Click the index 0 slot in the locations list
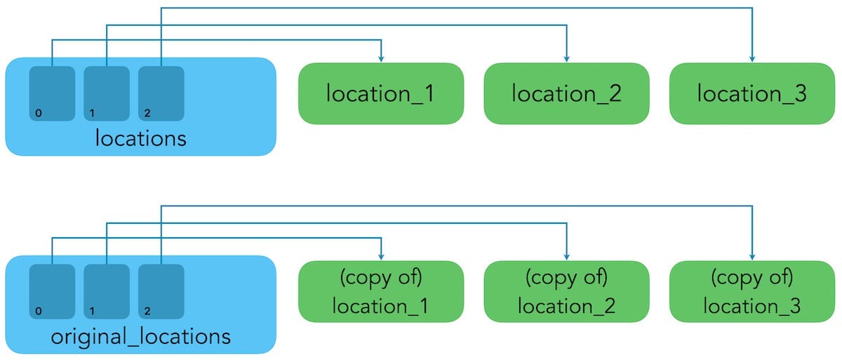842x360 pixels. pyautogui.click(x=52, y=93)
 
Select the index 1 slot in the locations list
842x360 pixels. pyautogui.click(x=107, y=93)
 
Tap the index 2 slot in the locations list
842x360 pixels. pyautogui.click(x=161, y=93)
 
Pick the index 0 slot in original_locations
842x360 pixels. pyautogui.click(x=52, y=291)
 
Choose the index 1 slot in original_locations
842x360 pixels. pyautogui.click(x=107, y=291)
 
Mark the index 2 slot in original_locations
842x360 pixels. pyautogui.click(x=161, y=291)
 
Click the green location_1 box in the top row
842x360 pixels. pyautogui.click(x=381, y=93)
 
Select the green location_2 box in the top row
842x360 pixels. pyautogui.click(x=566, y=93)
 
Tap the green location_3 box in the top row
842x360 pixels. pyautogui.click(x=751, y=93)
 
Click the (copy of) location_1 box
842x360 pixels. pyautogui.click(x=381, y=291)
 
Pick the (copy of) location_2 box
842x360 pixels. pyautogui.click(x=566, y=291)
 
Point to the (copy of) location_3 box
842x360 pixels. pyautogui.click(x=751, y=291)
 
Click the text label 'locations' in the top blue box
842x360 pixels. pyautogui.click(x=140, y=138)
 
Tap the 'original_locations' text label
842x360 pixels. pyautogui.click(x=140, y=337)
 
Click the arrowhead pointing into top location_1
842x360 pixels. pyautogui.click(x=381, y=58)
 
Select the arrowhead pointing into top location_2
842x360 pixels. pyautogui.click(x=566, y=58)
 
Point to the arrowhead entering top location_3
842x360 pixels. pyautogui.click(x=751, y=58)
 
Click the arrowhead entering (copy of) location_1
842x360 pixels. pyautogui.click(x=381, y=255)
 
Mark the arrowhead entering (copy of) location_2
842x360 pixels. pyautogui.click(x=566, y=255)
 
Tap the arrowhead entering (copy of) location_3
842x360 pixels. pyautogui.click(x=751, y=255)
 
